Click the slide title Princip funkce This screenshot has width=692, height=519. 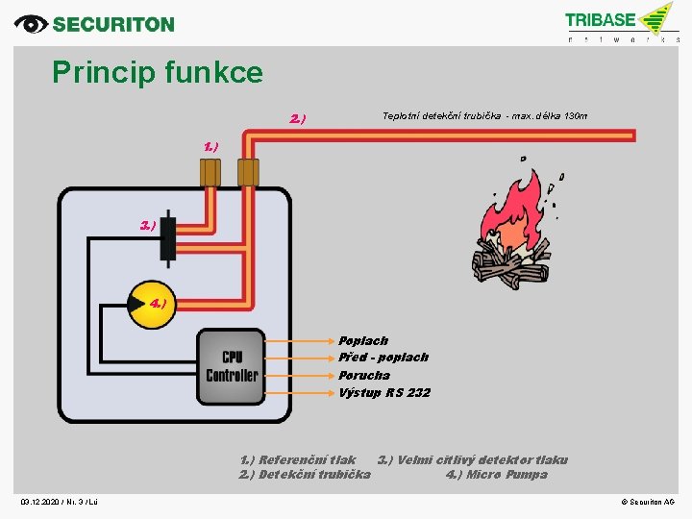click(157, 72)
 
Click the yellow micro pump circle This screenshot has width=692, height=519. click(149, 303)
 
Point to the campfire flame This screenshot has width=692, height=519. click(519, 216)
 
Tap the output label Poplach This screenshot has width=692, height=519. click(363, 340)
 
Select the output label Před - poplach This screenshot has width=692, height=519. click(383, 357)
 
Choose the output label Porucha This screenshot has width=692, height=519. click(364, 375)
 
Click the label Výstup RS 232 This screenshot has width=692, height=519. click(384, 392)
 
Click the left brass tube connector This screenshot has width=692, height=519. click(210, 172)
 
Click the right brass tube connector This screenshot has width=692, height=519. click(248, 172)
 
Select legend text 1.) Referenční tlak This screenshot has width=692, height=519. click(297, 459)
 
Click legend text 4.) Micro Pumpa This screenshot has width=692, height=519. click(496, 474)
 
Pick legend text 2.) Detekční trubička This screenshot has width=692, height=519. click(305, 474)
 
